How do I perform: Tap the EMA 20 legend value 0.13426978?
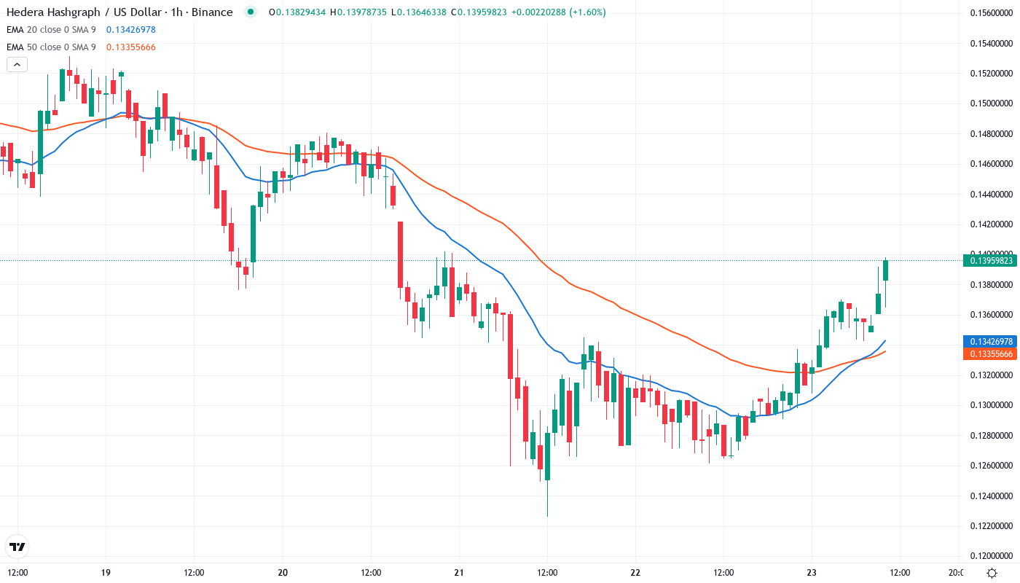pyautogui.click(x=130, y=30)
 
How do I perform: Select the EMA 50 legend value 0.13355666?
pyautogui.click(x=130, y=47)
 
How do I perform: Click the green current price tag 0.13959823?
pyautogui.click(x=989, y=261)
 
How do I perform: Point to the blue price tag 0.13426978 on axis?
pyautogui.click(x=989, y=341)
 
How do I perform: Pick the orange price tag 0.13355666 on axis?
pyautogui.click(x=989, y=353)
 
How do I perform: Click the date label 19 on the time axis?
pyautogui.click(x=106, y=573)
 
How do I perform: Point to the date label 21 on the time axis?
pyautogui.click(x=459, y=573)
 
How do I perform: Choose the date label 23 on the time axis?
pyautogui.click(x=812, y=573)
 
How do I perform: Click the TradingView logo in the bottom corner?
pyautogui.click(x=17, y=547)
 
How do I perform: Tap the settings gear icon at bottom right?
pyautogui.click(x=992, y=573)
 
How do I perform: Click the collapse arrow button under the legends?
pyautogui.click(x=17, y=65)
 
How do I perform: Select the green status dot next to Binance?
pyautogui.click(x=251, y=12)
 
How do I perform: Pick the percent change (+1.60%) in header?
pyautogui.click(x=587, y=12)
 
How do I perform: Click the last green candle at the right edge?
pyautogui.click(x=886, y=270)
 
